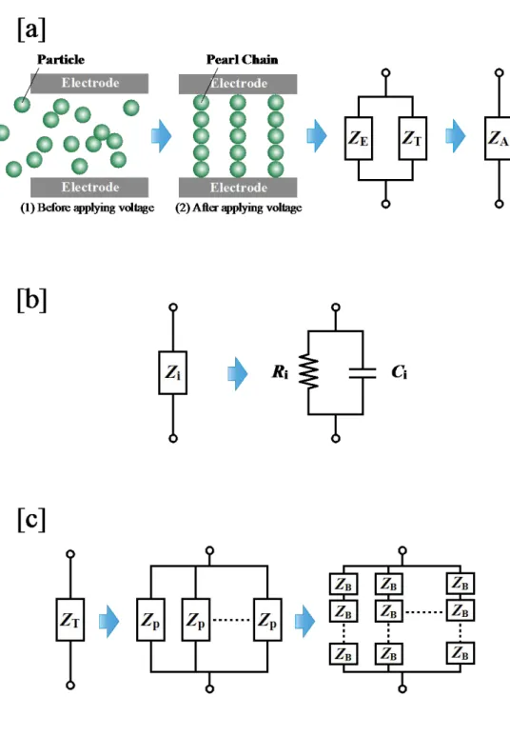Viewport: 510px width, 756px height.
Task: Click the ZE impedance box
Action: pyautogui.click(x=358, y=138)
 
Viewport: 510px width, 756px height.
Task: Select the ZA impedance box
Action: pyautogui.click(x=498, y=138)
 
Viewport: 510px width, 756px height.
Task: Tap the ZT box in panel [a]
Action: pyautogui.click(x=413, y=138)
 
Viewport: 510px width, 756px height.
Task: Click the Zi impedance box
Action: pyautogui.click(x=173, y=372)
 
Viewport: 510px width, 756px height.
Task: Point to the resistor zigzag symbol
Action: pyautogui.click(x=308, y=371)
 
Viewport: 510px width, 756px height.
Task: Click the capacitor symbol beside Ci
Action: pyautogui.click(x=363, y=372)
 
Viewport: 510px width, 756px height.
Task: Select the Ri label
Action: pyautogui.click(x=280, y=372)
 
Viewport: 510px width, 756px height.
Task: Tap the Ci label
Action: pyautogui.click(x=399, y=372)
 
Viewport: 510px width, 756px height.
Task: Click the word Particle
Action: pyautogui.click(x=61, y=59)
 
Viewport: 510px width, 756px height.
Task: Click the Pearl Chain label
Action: pyautogui.click(x=242, y=59)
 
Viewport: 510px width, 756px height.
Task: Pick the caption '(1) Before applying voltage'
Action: pyautogui.click(x=88, y=208)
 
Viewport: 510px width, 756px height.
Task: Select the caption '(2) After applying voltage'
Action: pyautogui.click(x=239, y=208)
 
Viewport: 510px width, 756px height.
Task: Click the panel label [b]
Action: pyautogui.click(x=31, y=300)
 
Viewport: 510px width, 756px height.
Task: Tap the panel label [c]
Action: pyautogui.click(x=31, y=519)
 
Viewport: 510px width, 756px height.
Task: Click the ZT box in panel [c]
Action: pyautogui.click(x=70, y=620)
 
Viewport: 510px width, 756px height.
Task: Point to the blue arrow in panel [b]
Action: pyautogui.click(x=238, y=373)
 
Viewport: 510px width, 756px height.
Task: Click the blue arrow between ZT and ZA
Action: pyautogui.click(x=456, y=136)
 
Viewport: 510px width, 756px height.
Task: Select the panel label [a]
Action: pyautogui.click(x=31, y=30)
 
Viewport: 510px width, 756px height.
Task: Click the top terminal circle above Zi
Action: pyautogui.click(x=173, y=308)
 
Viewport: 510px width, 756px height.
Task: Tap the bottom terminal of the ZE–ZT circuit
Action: pyautogui.click(x=385, y=204)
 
